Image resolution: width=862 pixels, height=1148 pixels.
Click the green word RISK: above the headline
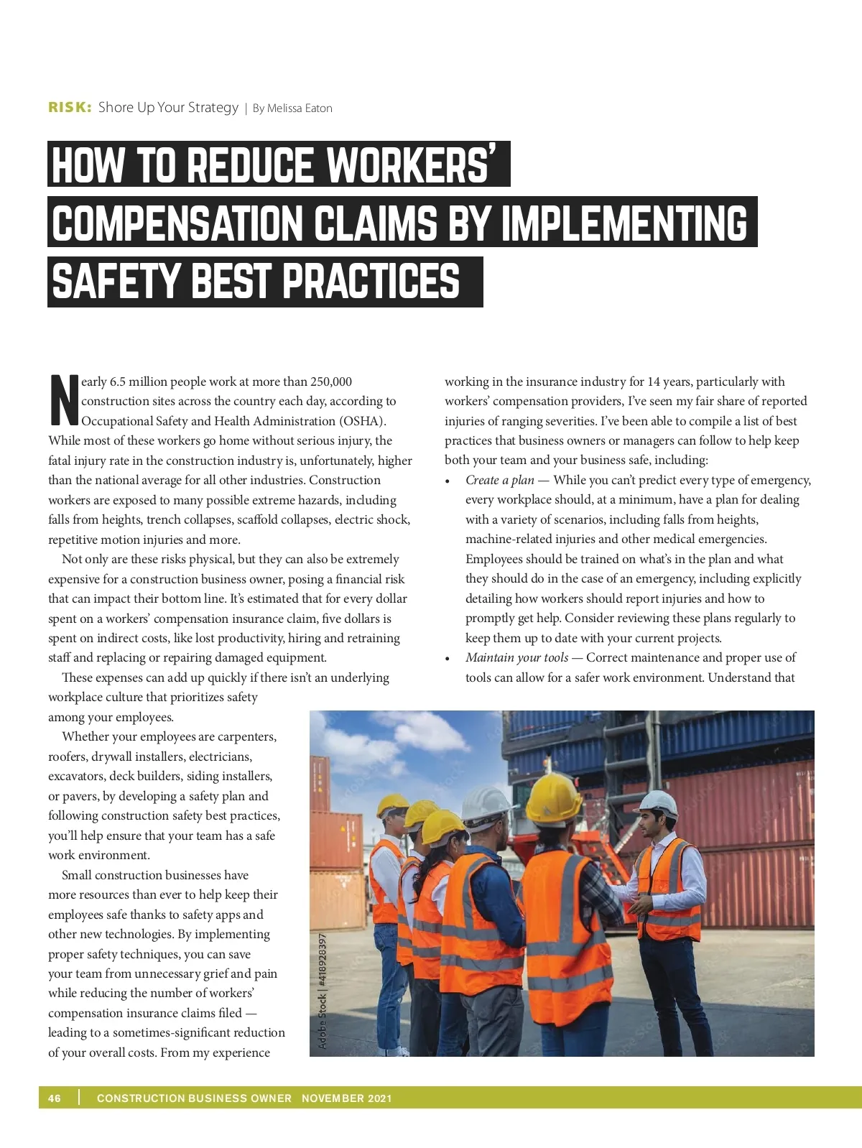coord(70,108)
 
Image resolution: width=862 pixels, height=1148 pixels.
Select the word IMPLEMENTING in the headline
coord(624,223)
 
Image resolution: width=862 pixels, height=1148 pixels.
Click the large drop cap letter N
coord(64,399)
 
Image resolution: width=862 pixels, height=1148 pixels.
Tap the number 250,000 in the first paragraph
coord(331,381)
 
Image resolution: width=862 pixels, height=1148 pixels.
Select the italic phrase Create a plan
coord(499,480)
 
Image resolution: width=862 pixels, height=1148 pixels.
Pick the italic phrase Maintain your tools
coord(516,657)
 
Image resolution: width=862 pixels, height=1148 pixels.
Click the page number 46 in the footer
coord(55,1098)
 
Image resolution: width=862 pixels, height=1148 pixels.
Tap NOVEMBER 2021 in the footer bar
coord(346,1098)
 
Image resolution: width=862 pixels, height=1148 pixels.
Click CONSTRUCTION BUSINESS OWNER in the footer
coord(194,1098)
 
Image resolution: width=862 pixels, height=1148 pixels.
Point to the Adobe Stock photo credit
coord(323,991)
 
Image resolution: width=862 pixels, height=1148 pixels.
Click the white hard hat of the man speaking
coord(658,802)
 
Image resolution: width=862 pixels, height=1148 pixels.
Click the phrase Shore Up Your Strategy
coord(168,108)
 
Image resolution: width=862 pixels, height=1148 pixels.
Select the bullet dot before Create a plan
coord(448,481)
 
